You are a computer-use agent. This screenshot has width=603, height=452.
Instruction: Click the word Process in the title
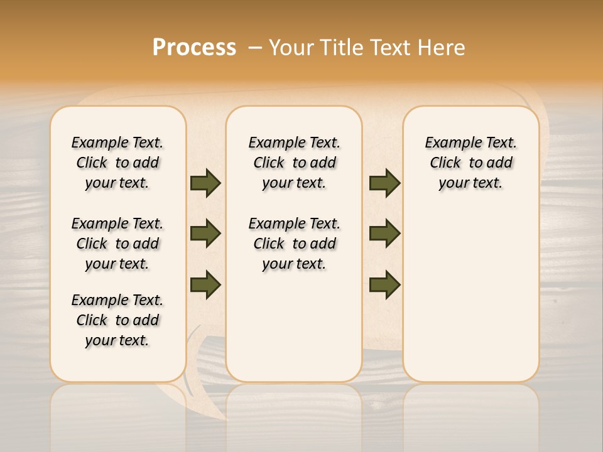[x=194, y=48]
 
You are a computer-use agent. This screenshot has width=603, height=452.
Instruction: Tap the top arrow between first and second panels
[x=205, y=183]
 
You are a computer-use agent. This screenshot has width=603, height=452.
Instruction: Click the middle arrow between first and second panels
[x=205, y=234]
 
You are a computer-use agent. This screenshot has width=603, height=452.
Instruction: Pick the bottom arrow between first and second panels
[x=205, y=284]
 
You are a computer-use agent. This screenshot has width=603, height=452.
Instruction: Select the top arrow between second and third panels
[x=384, y=183]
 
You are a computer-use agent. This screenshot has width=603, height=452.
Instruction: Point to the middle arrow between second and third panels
[x=384, y=234]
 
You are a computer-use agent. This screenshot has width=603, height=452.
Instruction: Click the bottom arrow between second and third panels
[x=384, y=284]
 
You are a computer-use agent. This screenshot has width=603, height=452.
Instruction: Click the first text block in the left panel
[x=117, y=163]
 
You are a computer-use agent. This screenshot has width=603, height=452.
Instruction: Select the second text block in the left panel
[x=117, y=244]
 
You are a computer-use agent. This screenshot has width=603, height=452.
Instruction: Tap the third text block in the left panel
[x=117, y=320]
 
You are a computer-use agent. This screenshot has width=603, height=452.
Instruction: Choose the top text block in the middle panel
[x=294, y=163]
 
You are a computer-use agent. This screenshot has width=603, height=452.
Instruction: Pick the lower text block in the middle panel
[x=294, y=244]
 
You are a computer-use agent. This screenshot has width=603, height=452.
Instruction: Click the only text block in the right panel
[x=470, y=163]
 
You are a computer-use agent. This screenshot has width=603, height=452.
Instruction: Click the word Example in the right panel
[x=447, y=143]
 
